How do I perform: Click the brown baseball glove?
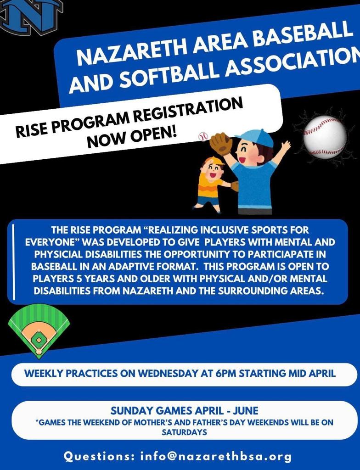tap(221, 144)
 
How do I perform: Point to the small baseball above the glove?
tap(203, 137)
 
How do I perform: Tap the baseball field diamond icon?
tap(38, 331)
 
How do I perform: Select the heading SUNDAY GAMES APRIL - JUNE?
tap(184, 410)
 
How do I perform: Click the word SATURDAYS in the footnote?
tap(184, 432)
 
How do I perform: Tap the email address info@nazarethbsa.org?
tap(216, 457)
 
